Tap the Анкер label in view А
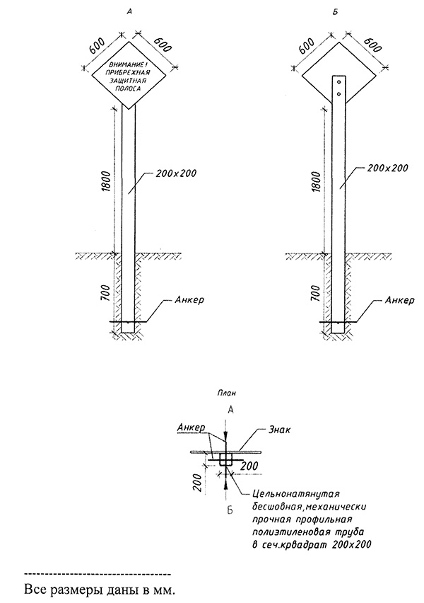coord(188,300)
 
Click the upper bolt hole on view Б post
coord(339,81)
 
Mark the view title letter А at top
coord(127,13)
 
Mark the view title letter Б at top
coord(339,13)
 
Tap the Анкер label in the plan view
coord(191,427)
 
